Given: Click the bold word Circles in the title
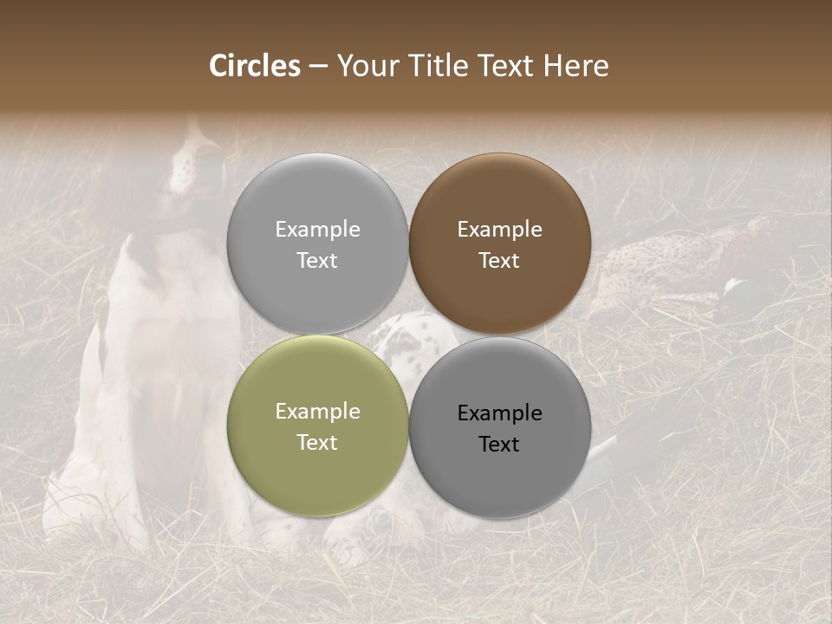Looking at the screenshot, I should (255, 66).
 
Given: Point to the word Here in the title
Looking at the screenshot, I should (576, 66).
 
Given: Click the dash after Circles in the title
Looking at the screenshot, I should (318, 67).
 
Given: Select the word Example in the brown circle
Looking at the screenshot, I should (499, 230).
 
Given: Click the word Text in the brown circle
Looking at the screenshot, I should (499, 261).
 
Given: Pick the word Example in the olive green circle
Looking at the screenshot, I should (317, 412).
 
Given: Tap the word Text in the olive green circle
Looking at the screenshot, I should (317, 443).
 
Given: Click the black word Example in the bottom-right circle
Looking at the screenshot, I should (499, 413).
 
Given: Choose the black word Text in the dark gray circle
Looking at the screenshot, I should (499, 445).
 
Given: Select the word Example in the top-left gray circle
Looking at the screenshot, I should (317, 230).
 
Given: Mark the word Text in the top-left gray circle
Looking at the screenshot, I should (317, 261).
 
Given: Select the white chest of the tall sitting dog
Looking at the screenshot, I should (173, 347).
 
